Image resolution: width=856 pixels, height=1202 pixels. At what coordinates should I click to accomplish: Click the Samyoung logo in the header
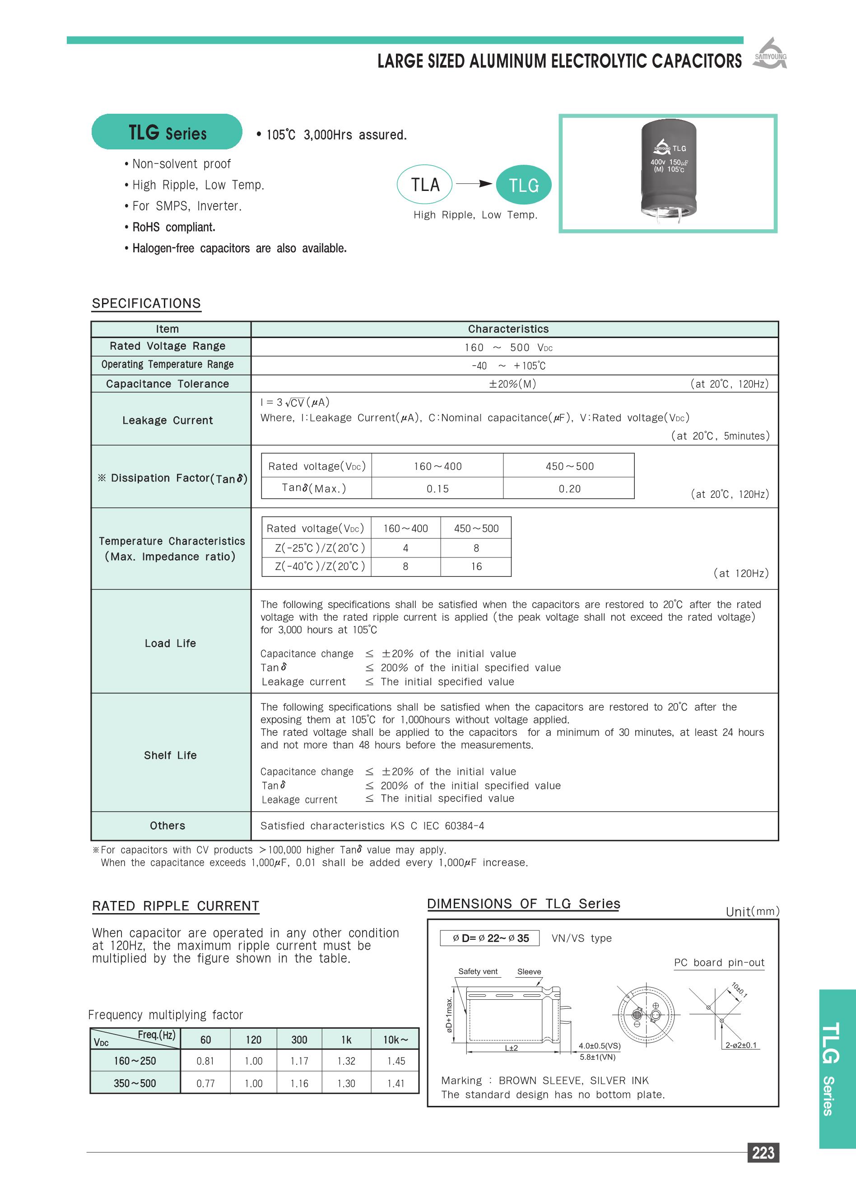pyautogui.click(x=770, y=54)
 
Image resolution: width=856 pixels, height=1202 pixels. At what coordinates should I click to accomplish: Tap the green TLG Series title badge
pyautogui.click(x=167, y=132)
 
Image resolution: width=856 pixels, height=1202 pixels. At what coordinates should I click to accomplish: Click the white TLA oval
pyautogui.click(x=425, y=185)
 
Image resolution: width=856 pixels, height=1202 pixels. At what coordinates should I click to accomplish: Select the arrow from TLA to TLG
pyautogui.click(x=474, y=184)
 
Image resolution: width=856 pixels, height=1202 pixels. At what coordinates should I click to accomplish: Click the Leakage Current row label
pyautogui.click(x=167, y=420)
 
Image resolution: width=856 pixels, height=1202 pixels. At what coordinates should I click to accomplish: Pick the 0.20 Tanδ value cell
pyautogui.click(x=569, y=488)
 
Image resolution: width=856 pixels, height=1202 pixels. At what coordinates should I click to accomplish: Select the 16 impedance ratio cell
pyautogui.click(x=476, y=566)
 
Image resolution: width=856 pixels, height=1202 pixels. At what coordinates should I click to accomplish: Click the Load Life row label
pyautogui.click(x=170, y=643)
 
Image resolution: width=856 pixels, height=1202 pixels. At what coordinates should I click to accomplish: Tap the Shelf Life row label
pyautogui.click(x=170, y=755)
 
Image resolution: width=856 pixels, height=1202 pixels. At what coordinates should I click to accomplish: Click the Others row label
pyautogui.click(x=167, y=825)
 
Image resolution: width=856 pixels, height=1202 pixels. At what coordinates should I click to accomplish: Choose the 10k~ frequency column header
pyautogui.click(x=395, y=1040)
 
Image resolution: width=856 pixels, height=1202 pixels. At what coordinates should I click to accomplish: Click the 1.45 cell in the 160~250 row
pyautogui.click(x=395, y=1061)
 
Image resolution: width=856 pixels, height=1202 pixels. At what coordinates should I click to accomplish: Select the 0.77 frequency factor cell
pyautogui.click(x=205, y=1083)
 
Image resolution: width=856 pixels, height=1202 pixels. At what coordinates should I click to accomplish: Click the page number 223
pyautogui.click(x=763, y=1153)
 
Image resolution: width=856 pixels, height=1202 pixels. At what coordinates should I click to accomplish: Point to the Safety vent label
pyautogui.click(x=478, y=971)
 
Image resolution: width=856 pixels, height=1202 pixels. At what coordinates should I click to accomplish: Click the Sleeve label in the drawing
pyautogui.click(x=529, y=971)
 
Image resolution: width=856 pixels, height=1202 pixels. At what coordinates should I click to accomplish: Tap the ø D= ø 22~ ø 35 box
pyautogui.click(x=490, y=938)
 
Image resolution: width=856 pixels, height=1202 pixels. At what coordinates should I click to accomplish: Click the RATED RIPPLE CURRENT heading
pyautogui.click(x=176, y=906)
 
